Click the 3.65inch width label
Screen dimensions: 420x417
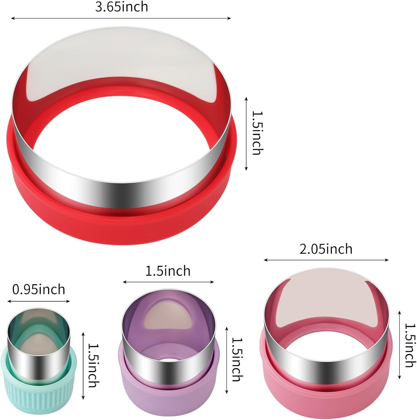[x=121, y=7]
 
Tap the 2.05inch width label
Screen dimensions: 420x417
[x=326, y=249]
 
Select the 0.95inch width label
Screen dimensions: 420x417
[x=39, y=289]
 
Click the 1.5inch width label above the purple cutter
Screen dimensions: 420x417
[x=168, y=271]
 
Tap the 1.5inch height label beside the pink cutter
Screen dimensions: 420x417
[x=410, y=345]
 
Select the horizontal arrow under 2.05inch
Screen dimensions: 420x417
[x=326, y=260]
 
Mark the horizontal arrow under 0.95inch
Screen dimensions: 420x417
[x=39, y=301]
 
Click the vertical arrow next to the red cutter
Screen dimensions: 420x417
[x=246, y=134]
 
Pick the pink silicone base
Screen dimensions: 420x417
[x=326, y=395]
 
